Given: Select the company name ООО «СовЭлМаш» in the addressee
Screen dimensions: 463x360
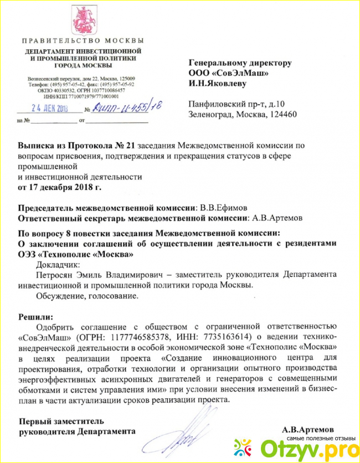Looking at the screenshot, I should pos(229,73).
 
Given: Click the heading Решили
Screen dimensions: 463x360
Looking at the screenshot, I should pos(35,316).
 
